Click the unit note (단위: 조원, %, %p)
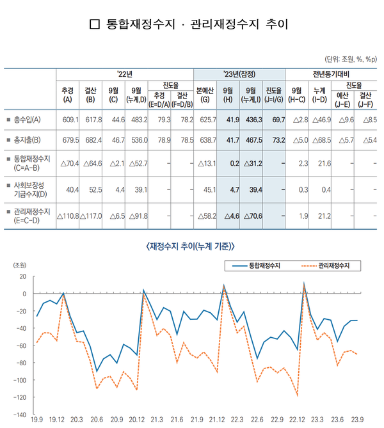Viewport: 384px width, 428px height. click(350, 58)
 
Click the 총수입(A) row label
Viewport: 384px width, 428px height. click(26, 119)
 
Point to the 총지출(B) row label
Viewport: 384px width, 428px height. click(26, 139)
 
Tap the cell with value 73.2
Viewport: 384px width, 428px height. click(278, 139)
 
